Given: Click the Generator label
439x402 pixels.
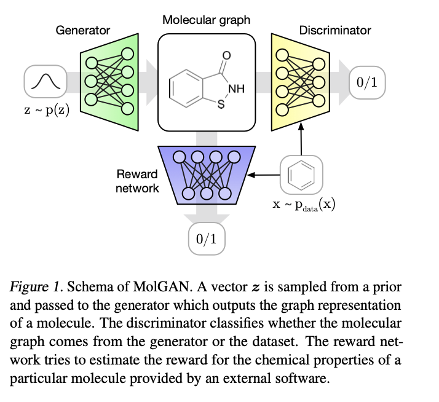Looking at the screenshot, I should (83, 30).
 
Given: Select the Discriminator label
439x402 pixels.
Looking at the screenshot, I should (335, 30).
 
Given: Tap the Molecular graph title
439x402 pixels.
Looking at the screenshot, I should (206, 20).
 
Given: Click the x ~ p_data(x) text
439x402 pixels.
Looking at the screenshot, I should (304, 205).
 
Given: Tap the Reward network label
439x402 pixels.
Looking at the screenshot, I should (137, 181).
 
